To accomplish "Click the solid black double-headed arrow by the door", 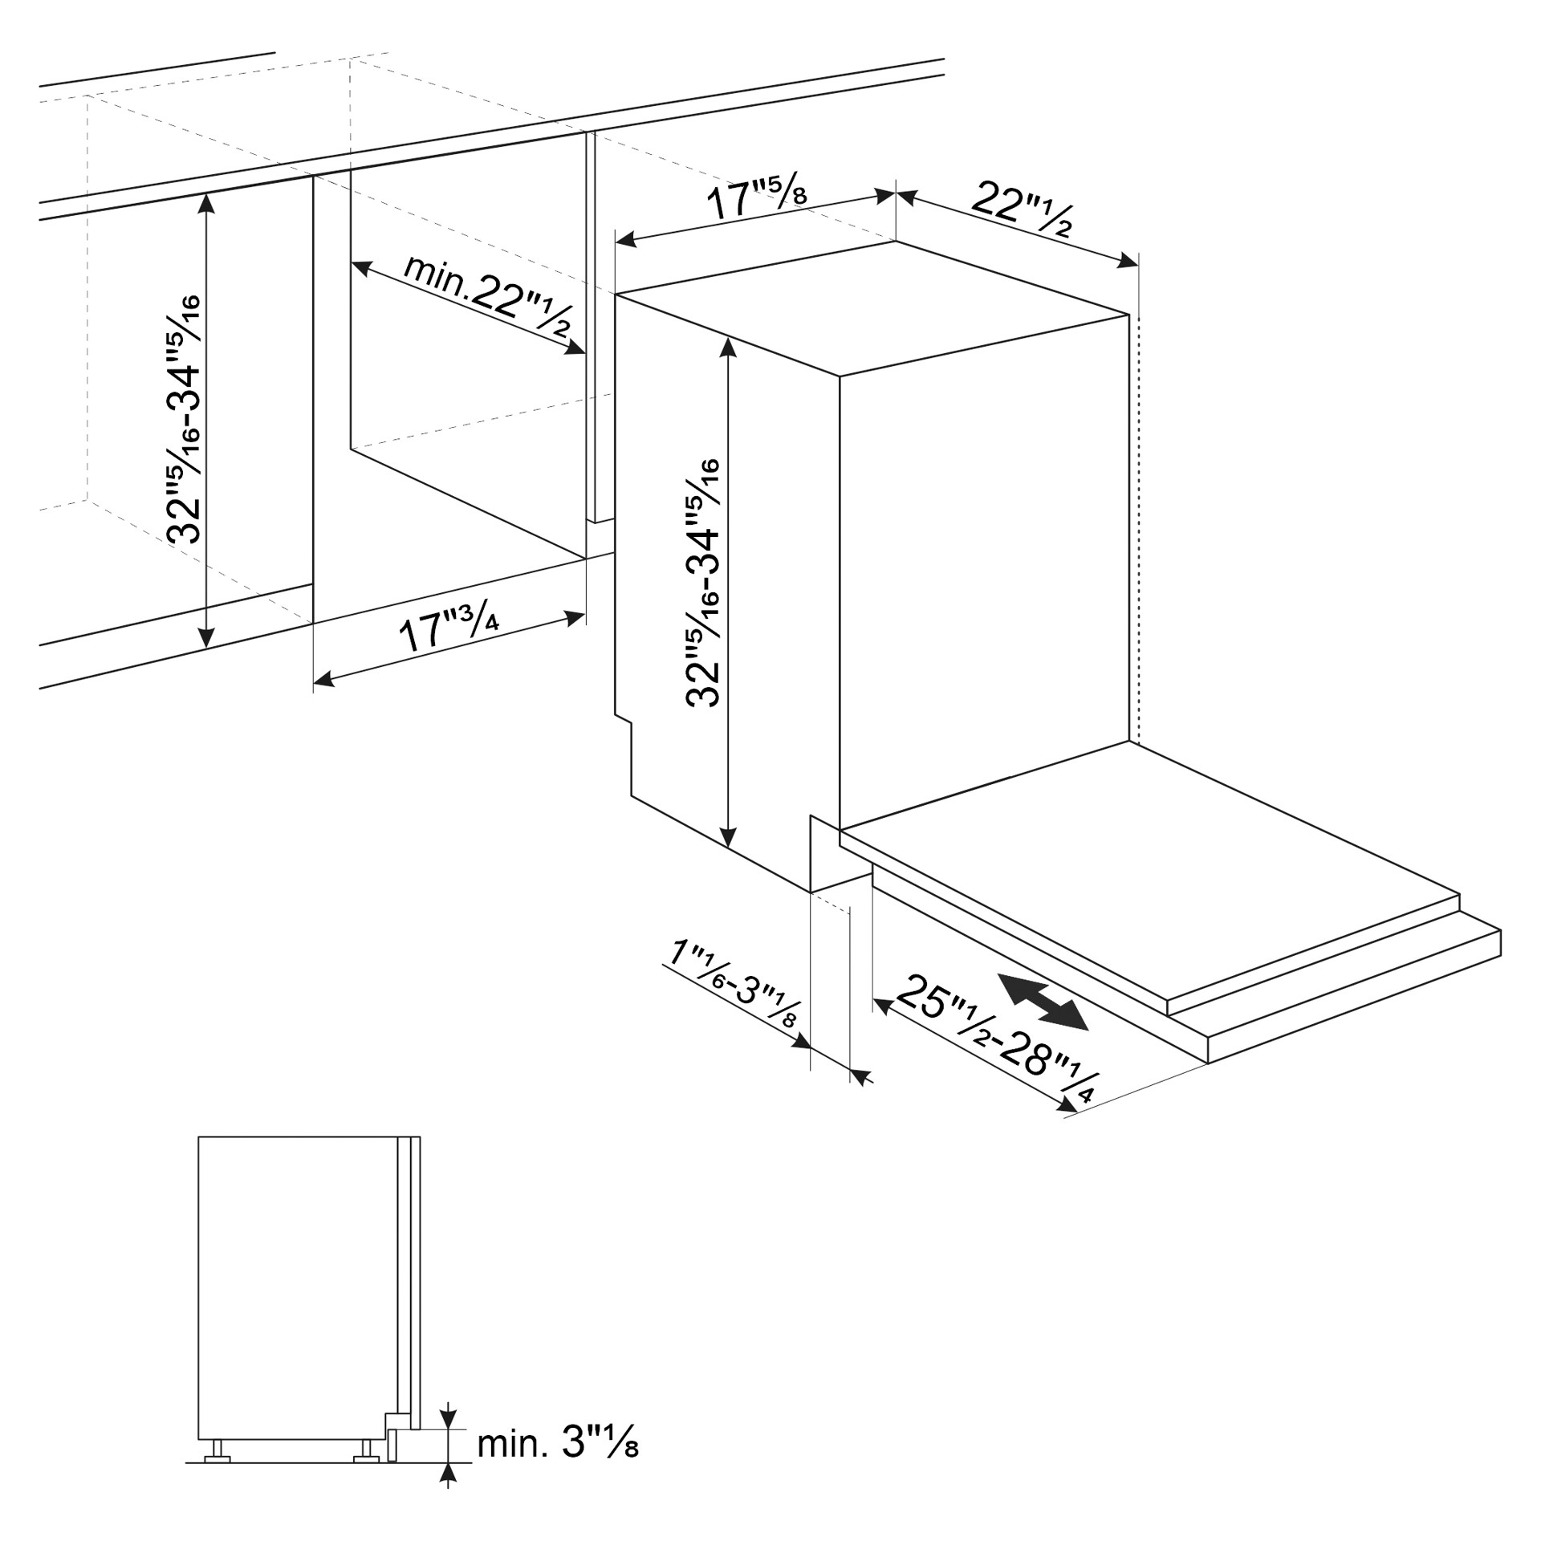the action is click(1043, 1002).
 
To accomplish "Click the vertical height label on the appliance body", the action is click(703, 583).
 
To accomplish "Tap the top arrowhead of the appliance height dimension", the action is click(728, 346).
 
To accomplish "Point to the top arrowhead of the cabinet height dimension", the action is click(207, 203).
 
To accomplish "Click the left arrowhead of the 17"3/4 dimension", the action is click(323, 681).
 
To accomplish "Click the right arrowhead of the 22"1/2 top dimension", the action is click(1128, 260).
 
